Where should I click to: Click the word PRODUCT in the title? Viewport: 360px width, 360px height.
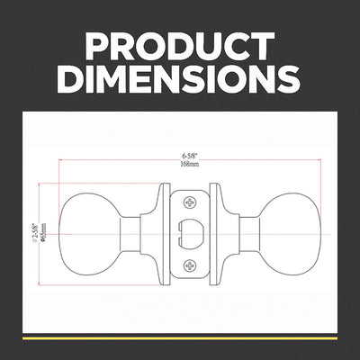[x=180, y=47]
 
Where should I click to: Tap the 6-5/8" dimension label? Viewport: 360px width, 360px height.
[x=191, y=156]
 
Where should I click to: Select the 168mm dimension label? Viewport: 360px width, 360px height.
[x=190, y=164]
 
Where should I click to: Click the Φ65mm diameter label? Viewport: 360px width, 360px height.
[x=43, y=232]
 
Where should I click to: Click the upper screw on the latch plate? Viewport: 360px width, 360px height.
[x=190, y=202]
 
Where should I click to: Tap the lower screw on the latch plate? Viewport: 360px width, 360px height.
[x=190, y=265]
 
